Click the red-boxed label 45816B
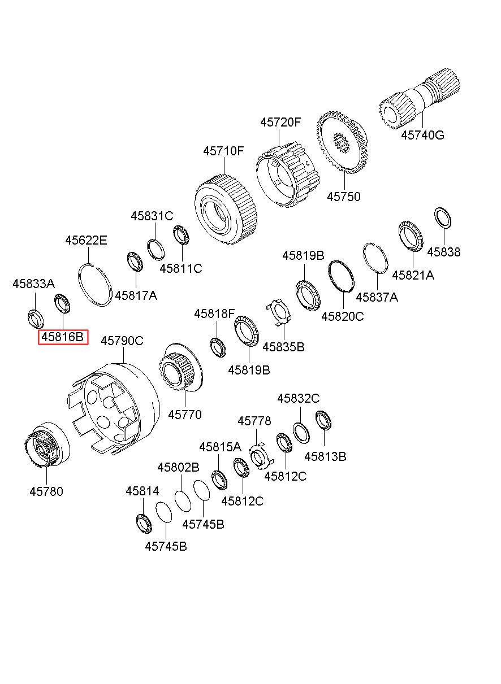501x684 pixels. (63, 337)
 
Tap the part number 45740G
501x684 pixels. (422, 135)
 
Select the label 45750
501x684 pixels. (343, 197)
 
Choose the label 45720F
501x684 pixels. (280, 122)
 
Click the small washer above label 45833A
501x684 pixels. (35, 318)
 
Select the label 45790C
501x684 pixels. (122, 341)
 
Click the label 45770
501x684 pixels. (184, 415)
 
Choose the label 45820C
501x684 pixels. (342, 316)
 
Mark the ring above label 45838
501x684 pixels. (443, 218)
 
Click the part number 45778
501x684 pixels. (254, 421)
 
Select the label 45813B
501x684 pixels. (325, 456)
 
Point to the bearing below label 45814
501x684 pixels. (144, 523)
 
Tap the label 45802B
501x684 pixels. (178, 467)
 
